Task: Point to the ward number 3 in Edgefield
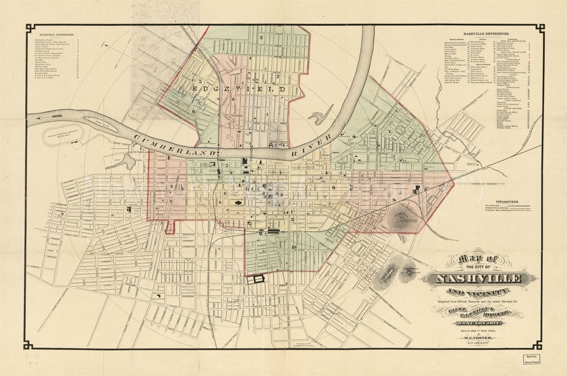click(261, 37)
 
